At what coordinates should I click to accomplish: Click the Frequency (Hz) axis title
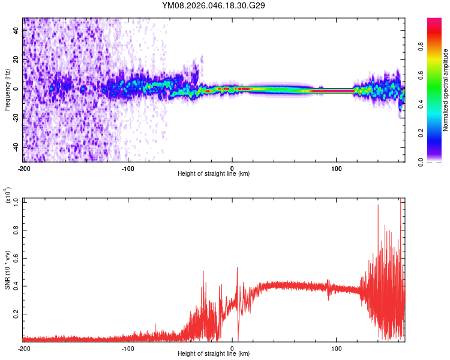[7, 90]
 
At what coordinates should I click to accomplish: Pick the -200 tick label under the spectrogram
[24, 169]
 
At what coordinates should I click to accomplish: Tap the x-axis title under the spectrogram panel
[214, 174]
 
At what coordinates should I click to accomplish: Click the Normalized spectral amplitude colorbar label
[445, 90]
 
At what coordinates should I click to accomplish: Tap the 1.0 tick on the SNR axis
[17, 201]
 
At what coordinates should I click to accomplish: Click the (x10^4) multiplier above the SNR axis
[8, 195]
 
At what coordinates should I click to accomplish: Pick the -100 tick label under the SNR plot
[128, 349]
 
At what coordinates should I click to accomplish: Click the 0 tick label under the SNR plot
[233, 349]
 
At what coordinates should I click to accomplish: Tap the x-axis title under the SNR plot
[214, 354]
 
